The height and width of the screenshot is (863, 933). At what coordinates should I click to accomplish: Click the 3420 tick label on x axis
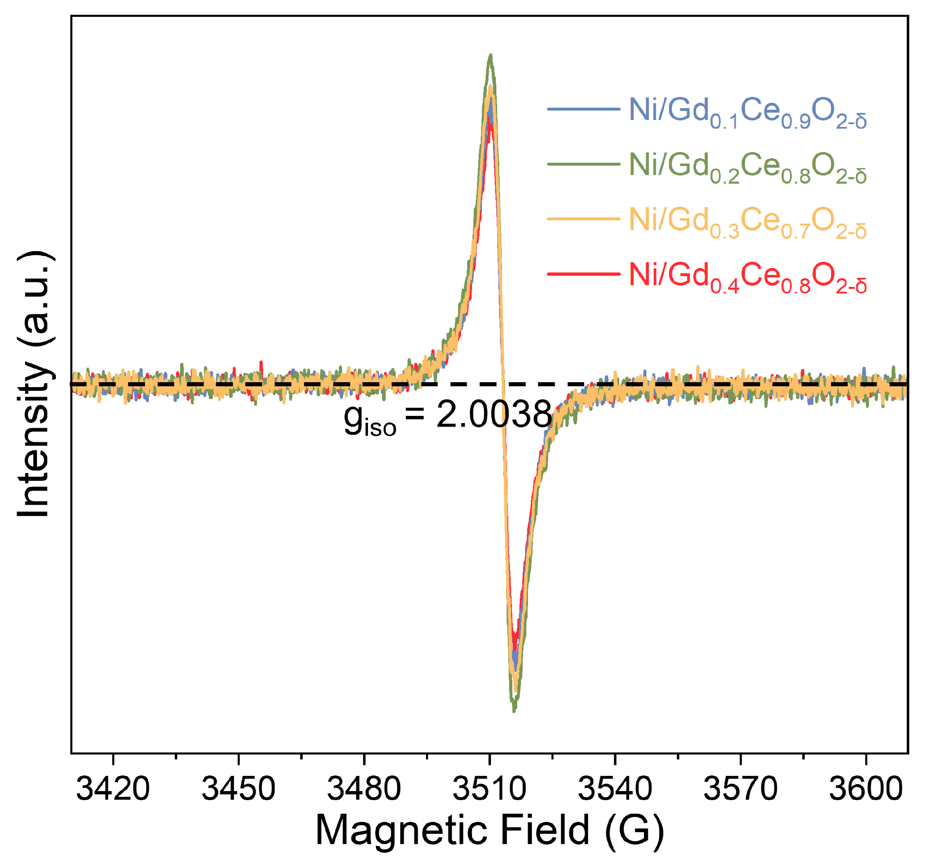[113, 789]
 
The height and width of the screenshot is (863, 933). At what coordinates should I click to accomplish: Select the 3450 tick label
[238, 789]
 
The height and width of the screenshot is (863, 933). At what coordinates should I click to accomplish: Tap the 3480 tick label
[363, 789]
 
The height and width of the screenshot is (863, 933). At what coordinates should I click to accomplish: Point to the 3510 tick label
[489, 789]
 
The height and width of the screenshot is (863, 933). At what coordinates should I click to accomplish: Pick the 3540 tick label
[615, 789]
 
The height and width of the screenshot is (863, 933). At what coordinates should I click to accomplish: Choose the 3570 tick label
[740, 789]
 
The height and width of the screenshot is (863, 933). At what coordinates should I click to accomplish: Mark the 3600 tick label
[865, 789]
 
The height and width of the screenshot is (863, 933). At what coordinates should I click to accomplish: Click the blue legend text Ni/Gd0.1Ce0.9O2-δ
[748, 112]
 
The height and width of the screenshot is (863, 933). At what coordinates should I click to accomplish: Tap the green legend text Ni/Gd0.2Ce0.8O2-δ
[748, 167]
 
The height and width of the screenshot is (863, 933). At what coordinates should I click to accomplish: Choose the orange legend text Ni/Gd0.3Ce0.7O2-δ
[748, 222]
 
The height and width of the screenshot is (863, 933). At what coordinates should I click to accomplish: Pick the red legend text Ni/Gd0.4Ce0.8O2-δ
[748, 277]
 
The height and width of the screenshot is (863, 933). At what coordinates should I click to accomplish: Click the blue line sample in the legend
[583, 109]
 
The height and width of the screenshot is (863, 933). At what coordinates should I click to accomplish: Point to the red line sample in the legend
[583, 274]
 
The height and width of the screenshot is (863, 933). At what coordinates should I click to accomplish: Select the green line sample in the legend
[583, 164]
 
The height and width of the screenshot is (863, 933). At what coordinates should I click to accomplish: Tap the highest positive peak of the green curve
[491, 55]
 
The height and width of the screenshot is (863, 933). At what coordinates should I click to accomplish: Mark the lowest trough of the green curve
[514, 711]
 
